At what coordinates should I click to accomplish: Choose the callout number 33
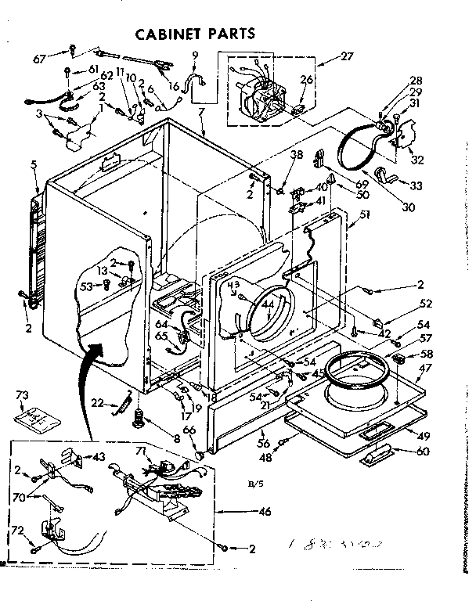click(x=416, y=185)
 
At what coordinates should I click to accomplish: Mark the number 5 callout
click(x=34, y=164)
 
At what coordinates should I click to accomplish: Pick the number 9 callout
click(x=195, y=54)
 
